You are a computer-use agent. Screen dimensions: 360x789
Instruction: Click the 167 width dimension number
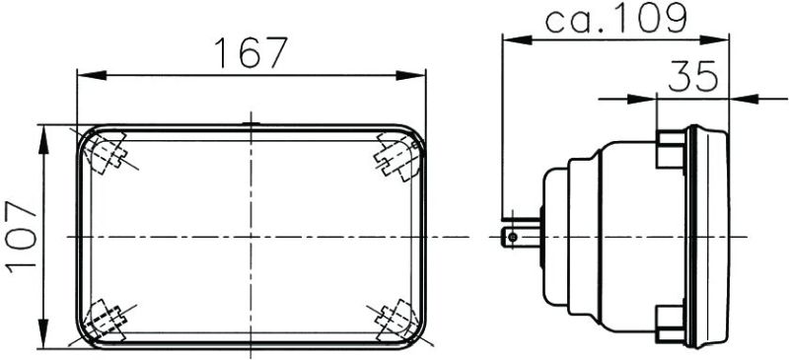tap(251, 53)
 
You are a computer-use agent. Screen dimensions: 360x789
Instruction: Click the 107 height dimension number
tap(21, 237)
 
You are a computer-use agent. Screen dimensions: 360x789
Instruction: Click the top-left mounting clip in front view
tap(106, 154)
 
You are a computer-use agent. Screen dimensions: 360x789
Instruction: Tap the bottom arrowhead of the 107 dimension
tap(44, 339)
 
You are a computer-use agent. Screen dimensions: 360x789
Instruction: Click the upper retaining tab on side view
tap(671, 148)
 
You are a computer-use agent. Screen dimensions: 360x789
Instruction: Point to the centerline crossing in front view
tap(251, 237)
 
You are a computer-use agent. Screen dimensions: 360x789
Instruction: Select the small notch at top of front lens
tap(251, 124)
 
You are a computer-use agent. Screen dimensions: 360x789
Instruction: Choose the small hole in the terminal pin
tap(511, 237)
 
